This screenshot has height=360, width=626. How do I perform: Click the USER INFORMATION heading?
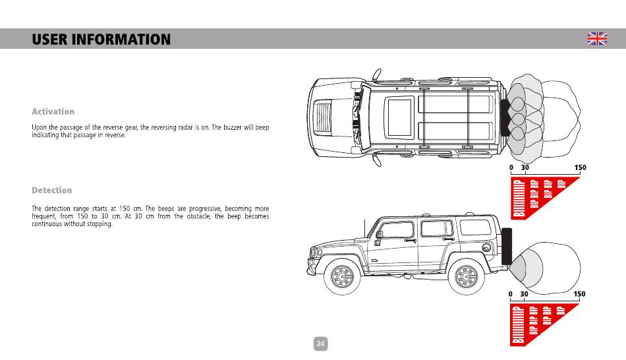(101, 40)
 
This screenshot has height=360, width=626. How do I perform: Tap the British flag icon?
(597, 39)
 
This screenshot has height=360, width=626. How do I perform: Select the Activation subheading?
(53, 111)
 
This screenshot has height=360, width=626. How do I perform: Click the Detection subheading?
(52, 191)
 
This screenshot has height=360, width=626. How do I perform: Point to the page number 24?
(320, 344)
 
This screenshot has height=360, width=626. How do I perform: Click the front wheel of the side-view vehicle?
(342, 278)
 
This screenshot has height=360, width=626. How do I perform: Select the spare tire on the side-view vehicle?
(506, 246)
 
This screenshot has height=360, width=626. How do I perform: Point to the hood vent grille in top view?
(324, 117)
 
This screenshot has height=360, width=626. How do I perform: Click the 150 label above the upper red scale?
(580, 168)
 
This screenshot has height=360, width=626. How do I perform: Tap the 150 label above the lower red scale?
(580, 294)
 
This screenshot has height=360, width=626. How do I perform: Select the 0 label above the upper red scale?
(511, 168)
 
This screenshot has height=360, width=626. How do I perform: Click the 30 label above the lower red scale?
(525, 294)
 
